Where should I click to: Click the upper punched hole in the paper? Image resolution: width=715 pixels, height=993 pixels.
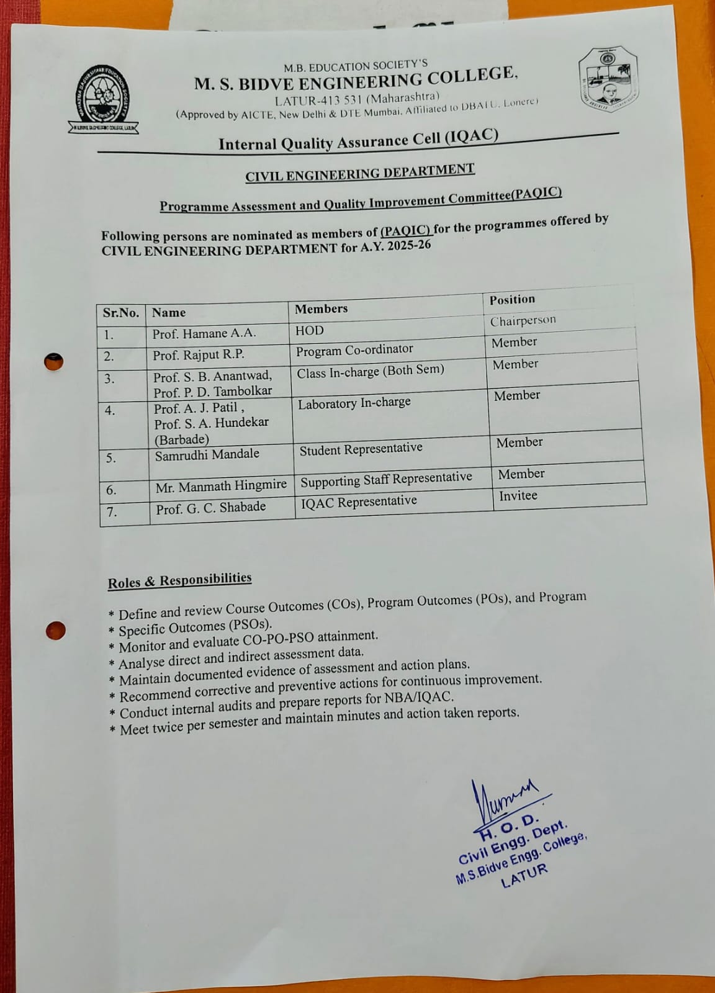pos(54,362)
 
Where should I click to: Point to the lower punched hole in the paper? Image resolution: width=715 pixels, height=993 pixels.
pos(55,631)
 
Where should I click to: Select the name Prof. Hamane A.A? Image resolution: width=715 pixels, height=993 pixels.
pos(204,334)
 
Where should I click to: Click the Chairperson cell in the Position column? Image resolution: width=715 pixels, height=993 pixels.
pos(523,321)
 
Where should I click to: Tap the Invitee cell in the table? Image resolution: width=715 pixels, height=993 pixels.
pos(518,496)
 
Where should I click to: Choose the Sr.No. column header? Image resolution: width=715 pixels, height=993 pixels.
pos(121,313)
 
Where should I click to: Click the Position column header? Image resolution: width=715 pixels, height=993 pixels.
pos(512,300)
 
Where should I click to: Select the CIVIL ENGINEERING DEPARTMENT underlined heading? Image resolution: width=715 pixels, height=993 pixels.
pos(360,173)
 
